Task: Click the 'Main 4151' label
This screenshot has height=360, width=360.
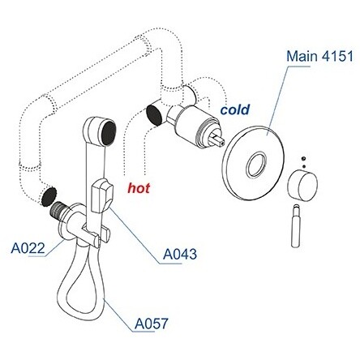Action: point(319,56)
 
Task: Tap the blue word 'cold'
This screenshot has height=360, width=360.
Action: point(235,109)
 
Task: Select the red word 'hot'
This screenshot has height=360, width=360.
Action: point(139,188)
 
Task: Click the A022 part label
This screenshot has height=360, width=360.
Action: point(28,248)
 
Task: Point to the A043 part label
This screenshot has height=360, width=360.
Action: point(180,254)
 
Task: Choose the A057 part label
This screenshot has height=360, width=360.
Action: point(152,324)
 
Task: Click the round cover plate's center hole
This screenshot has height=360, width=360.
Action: point(256,164)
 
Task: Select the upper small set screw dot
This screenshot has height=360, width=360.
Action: point(303,159)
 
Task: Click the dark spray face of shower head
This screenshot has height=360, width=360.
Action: point(109,133)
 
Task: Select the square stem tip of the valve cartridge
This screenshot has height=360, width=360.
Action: point(217,137)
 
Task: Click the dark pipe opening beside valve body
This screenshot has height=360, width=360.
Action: point(155,115)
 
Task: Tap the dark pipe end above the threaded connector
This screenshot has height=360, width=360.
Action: point(49,195)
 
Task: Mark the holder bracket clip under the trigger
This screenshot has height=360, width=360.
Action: point(96,236)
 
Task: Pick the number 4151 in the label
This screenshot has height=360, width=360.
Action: point(337,56)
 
